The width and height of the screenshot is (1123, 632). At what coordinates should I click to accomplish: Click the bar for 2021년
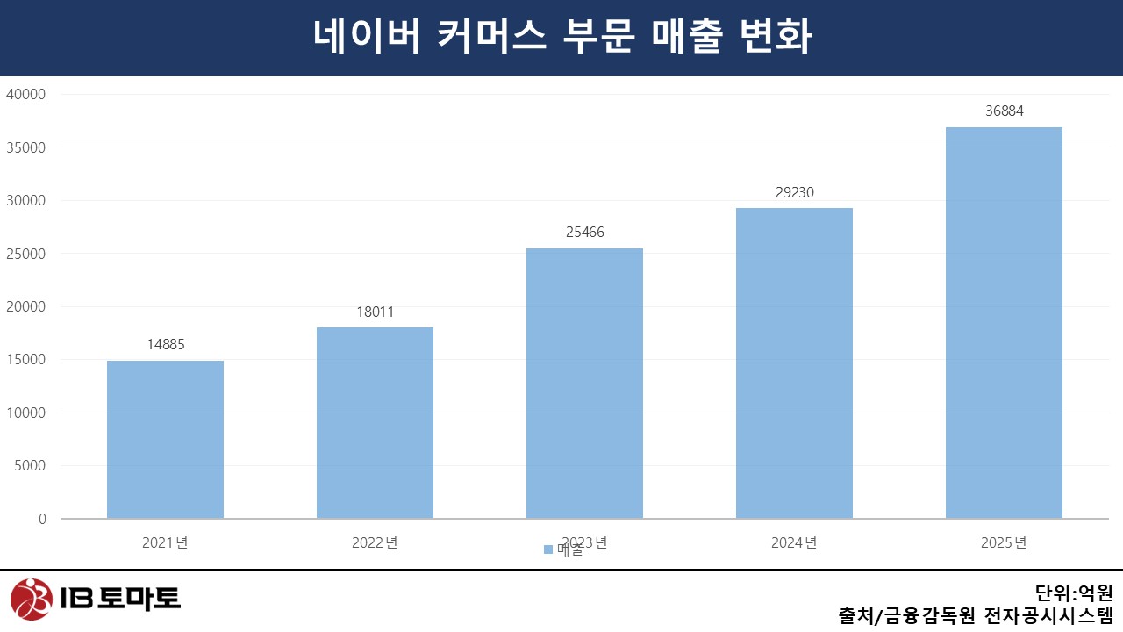165,439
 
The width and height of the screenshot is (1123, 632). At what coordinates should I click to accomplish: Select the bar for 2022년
375,422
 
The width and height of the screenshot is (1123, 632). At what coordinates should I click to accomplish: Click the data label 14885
165,345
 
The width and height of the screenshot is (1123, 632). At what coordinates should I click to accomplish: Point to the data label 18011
375,312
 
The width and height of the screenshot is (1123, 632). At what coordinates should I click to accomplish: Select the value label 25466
584,233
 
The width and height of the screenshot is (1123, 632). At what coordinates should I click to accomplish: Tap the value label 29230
794,192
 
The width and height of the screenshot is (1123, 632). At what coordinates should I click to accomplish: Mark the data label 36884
1004,111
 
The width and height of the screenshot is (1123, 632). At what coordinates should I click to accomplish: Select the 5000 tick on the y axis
30,466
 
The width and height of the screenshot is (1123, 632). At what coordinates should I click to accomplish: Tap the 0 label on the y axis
42,519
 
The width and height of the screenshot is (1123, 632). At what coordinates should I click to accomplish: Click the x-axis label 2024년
794,542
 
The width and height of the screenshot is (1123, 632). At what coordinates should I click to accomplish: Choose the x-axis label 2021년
165,542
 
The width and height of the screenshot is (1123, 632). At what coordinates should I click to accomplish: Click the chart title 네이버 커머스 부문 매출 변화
561,38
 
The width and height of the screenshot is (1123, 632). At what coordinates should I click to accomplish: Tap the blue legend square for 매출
548,549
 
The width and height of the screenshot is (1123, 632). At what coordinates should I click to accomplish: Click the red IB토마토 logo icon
32,600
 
